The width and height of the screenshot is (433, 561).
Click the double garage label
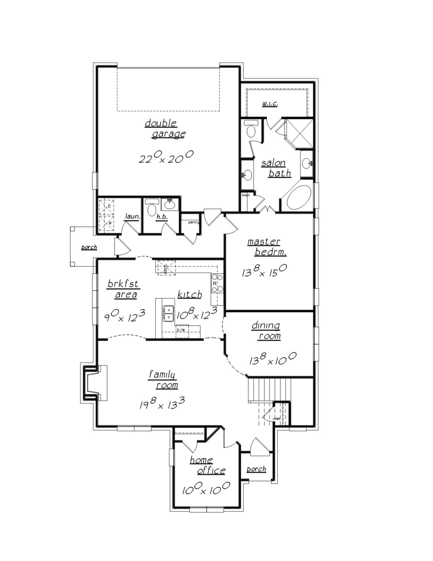[165, 129]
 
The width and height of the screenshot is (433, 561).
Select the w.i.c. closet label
[270, 104]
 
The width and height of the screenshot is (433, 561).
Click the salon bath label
[276, 168]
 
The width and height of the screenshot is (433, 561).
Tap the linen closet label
[246, 195]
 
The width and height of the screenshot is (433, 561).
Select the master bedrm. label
[267, 247]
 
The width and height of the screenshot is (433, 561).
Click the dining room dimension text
[273, 359]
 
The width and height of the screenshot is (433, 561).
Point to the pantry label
[194, 222]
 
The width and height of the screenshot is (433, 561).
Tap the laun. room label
[132, 217]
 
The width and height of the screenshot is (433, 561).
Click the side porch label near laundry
[89, 247]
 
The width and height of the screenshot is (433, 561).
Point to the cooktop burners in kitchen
[217, 283]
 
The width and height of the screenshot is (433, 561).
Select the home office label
[207, 465]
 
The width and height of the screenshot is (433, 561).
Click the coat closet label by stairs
[277, 418]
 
